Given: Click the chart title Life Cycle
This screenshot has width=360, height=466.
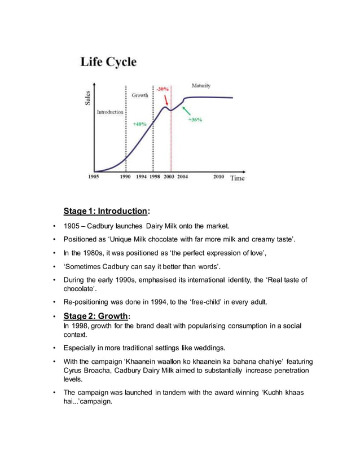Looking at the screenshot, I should (x=108, y=62).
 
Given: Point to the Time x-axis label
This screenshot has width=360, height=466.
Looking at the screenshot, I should (x=238, y=178).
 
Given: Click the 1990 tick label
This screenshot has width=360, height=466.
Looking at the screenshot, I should (x=125, y=177).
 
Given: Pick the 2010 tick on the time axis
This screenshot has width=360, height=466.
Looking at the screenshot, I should (x=218, y=177).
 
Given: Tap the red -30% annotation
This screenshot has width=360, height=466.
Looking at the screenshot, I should (x=163, y=89).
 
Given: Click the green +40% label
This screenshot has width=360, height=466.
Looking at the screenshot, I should (x=140, y=124).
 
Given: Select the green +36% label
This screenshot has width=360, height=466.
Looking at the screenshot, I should (x=195, y=120).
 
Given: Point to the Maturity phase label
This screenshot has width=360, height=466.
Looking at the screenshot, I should (x=201, y=86).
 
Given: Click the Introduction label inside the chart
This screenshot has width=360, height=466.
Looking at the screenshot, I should (x=110, y=112).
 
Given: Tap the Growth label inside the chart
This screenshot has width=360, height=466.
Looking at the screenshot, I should (x=140, y=95).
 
